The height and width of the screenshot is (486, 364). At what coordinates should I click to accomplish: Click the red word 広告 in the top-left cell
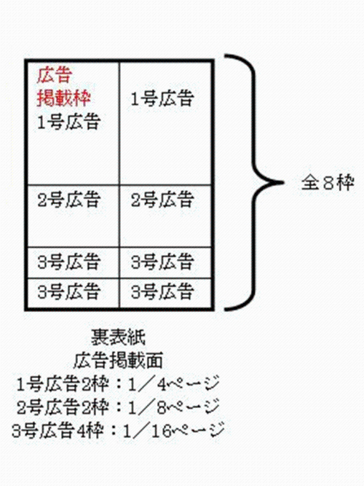(x=54, y=75)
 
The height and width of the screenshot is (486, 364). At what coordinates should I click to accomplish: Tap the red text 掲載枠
(x=63, y=98)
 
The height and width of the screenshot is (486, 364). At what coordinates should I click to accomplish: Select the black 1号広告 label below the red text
(x=68, y=121)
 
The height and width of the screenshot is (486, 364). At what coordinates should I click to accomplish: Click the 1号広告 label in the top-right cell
(x=162, y=98)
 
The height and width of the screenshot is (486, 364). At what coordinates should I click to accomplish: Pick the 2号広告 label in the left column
(x=68, y=200)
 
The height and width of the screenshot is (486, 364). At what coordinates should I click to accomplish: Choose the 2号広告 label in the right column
(x=162, y=200)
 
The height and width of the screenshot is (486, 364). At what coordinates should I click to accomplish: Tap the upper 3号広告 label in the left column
(x=68, y=262)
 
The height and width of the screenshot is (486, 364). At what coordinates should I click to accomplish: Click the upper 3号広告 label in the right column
(x=162, y=262)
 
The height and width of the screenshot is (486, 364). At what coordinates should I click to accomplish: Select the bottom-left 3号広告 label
(x=68, y=291)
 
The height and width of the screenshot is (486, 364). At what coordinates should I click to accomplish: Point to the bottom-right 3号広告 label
(x=162, y=291)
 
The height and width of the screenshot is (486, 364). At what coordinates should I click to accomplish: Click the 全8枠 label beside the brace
(x=328, y=183)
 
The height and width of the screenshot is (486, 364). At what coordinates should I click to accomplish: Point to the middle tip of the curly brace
(x=283, y=182)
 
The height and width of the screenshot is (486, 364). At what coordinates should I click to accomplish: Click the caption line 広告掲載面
(x=118, y=361)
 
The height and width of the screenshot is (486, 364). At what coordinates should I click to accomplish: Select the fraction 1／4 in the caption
(x=148, y=384)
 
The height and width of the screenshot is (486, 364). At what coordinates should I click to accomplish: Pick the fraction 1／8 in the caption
(x=148, y=407)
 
